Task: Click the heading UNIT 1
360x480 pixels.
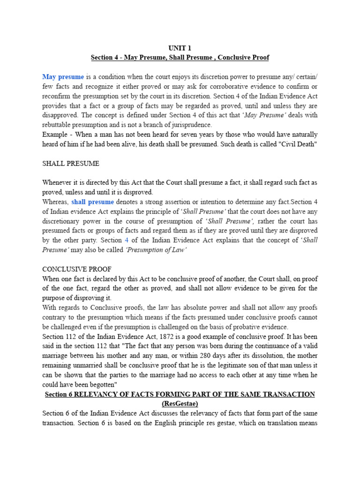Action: tap(180, 48)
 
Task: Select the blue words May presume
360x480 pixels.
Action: tap(63, 77)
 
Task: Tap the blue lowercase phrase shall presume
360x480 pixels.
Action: tap(92, 202)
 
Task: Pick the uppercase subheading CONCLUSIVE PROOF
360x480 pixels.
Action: tap(77, 270)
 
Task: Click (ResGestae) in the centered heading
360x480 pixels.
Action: tap(180, 404)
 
